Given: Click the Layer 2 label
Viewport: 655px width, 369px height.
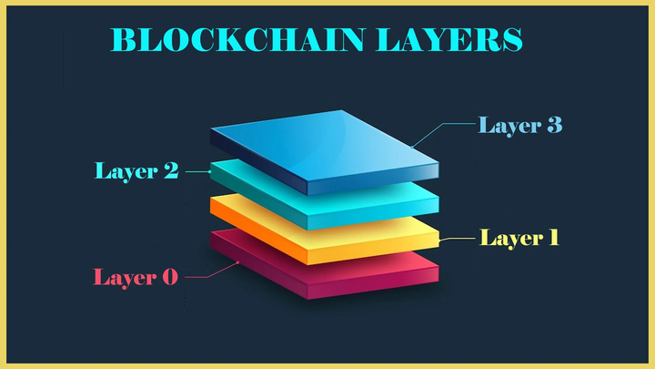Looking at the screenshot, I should [x=136, y=169].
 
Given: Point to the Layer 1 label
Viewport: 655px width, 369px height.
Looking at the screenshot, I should [x=519, y=238].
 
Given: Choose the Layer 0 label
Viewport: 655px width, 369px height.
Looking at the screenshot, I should [x=136, y=276].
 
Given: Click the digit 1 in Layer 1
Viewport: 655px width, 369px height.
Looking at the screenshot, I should [x=551, y=238].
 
